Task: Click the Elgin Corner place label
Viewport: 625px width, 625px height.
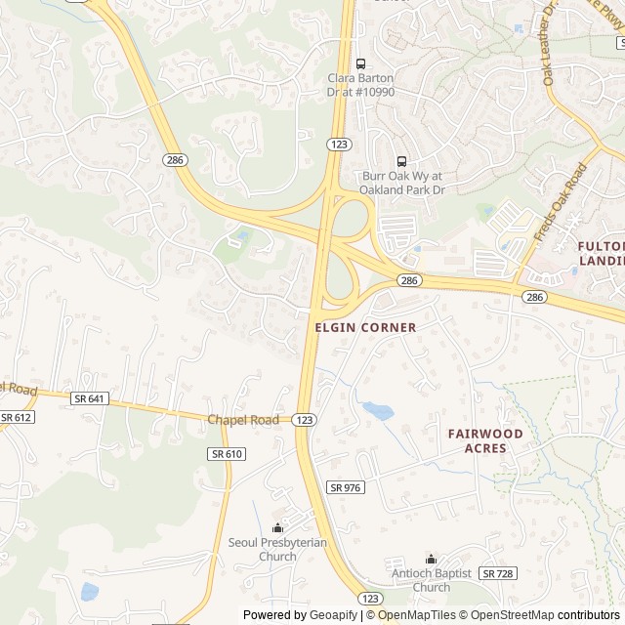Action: point(366,328)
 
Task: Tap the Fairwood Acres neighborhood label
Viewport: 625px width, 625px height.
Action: point(485,440)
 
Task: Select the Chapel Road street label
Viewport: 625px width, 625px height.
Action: point(243,419)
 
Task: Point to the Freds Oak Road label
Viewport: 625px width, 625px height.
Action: point(562,202)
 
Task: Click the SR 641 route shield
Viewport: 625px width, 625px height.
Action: point(89,399)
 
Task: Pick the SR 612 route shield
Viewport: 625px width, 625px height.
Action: point(17,417)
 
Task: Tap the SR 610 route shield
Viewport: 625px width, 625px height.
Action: point(227,454)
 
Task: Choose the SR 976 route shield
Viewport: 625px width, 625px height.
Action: point(346,487)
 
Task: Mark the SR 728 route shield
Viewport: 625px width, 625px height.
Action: point(497,573)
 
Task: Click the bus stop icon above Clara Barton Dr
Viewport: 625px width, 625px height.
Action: point(361,63)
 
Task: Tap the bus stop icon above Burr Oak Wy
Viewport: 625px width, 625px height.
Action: point(401,161)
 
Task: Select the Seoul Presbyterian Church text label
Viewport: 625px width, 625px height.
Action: point(277,549)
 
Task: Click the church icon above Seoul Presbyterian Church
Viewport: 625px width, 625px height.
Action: point(277,527)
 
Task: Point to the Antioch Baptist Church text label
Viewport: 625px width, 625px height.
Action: point(432,580)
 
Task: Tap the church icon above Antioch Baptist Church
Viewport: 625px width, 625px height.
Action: point(432,559)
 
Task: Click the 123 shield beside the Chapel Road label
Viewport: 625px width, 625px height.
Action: point(305,419)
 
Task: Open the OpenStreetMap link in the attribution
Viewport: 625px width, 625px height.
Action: point(508,615)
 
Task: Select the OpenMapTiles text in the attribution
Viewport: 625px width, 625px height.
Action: point(418,615)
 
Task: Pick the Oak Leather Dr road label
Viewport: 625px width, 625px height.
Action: point(550,44)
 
